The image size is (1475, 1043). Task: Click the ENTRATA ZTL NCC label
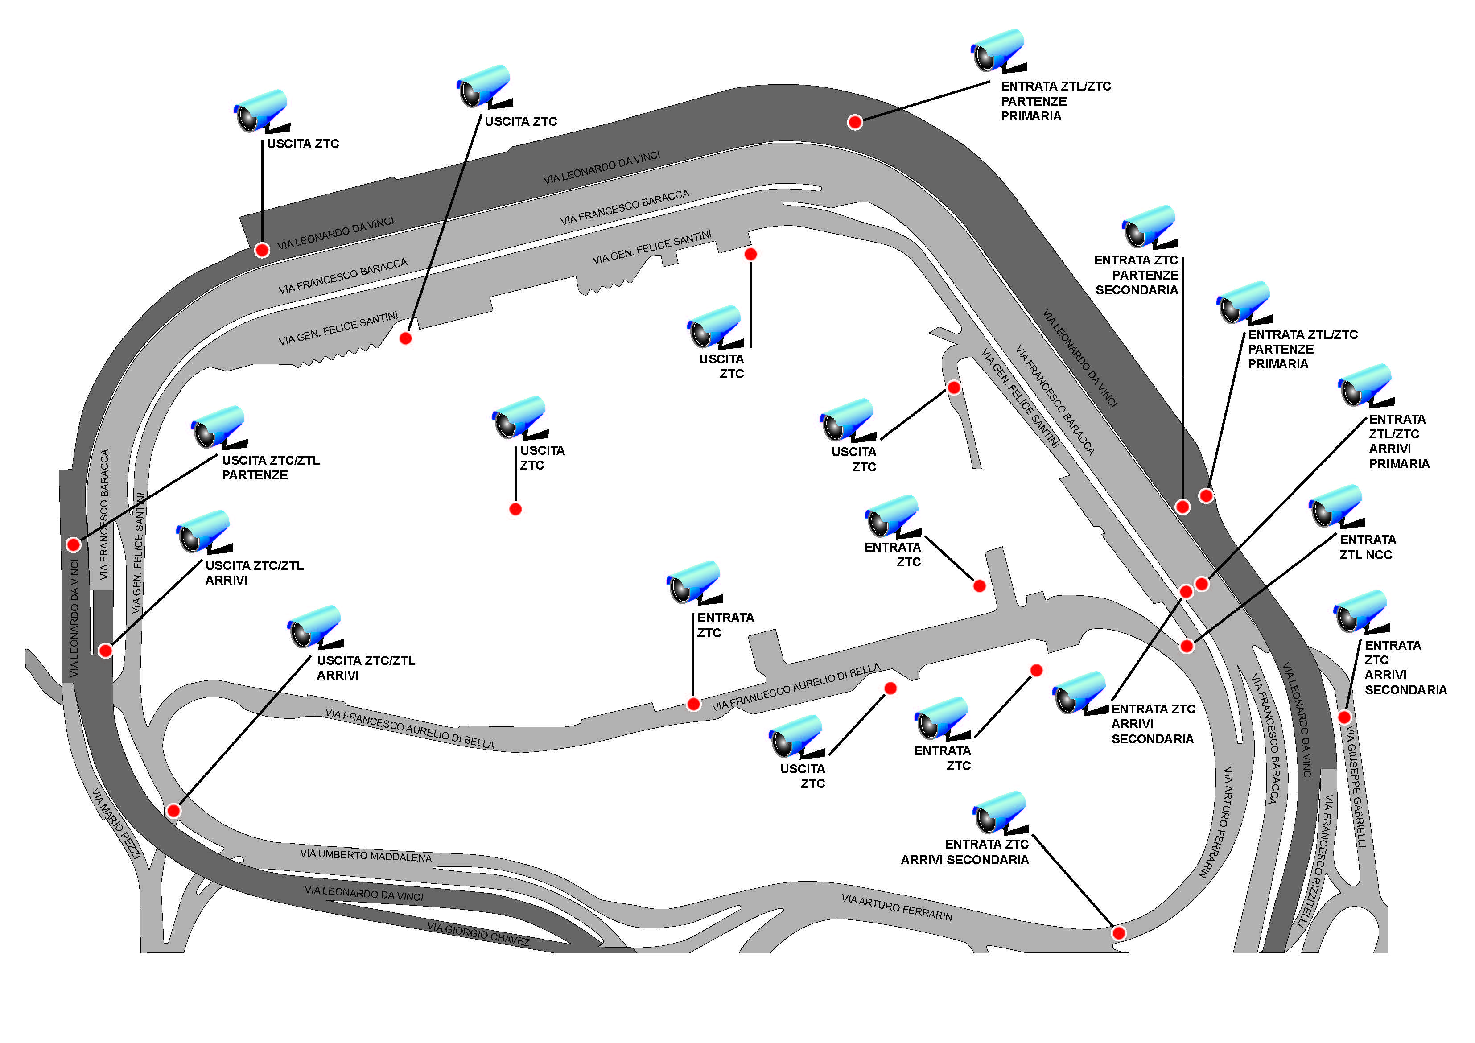[1367, 547]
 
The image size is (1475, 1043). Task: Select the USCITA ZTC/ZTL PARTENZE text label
[270, 467]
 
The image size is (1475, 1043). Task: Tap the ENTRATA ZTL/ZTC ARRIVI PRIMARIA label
[1399, 441]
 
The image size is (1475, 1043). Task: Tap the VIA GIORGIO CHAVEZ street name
[478, 934]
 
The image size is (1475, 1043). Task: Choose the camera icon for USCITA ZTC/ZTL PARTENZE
[218, 427]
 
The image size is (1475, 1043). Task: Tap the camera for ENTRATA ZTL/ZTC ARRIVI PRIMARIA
[1365, 386]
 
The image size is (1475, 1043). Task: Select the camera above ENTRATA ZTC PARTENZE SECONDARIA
[1149, 227]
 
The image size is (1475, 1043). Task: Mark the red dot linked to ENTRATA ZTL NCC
[1187, 646]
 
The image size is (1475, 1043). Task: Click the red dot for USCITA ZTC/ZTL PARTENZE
[73, 544]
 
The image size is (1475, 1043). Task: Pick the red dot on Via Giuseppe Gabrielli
[1344, 717]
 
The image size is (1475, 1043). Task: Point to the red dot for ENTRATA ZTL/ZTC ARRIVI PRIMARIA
[1201, 584]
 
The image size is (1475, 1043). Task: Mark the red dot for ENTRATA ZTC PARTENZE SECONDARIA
[1182, 507]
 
